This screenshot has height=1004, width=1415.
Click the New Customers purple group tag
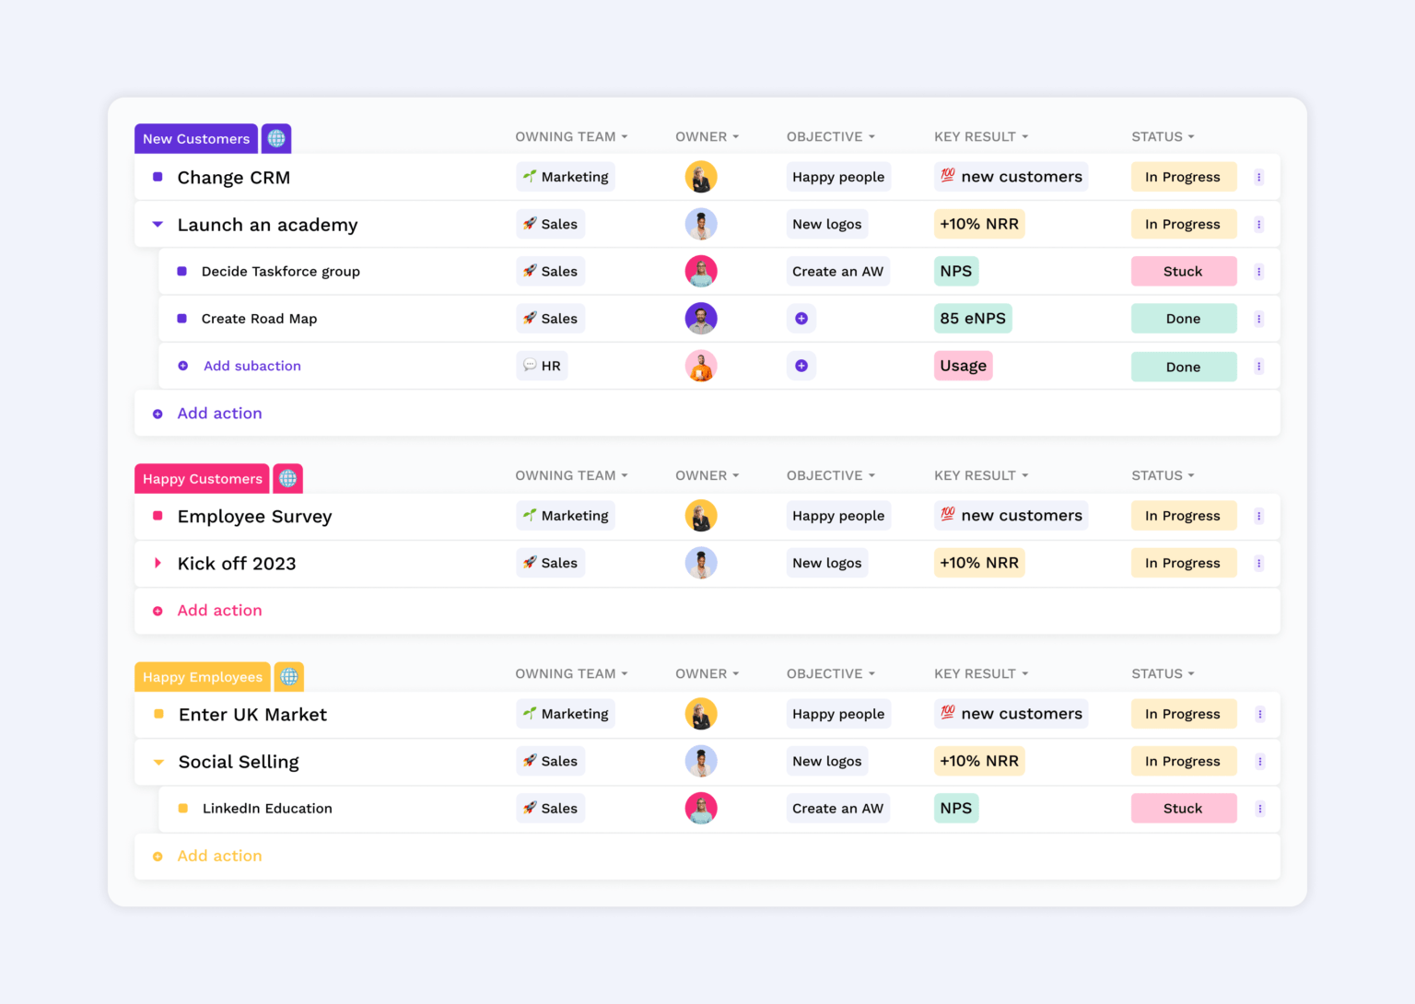(196, 139)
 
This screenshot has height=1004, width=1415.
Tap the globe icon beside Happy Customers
(288, 479)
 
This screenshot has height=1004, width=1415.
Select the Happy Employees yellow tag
(203, 677)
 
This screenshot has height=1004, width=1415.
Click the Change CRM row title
(233, 178)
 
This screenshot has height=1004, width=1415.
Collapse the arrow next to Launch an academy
(158, 225)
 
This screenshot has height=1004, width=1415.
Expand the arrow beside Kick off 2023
(158, 563)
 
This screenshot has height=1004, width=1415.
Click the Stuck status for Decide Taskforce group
(1183, 272)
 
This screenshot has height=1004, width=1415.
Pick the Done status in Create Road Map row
(1183, 319)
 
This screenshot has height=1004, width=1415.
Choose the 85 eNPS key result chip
(973, 319)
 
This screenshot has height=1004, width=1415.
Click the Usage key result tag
(963, 366)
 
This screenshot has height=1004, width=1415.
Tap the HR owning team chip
(542, 366)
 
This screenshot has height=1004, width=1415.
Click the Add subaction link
(251, 366)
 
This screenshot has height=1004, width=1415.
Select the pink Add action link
(219, 611)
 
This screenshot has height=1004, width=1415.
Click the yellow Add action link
(219, 856)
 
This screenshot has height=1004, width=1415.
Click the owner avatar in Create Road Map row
(701, 319)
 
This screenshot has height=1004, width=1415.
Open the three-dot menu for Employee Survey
(1258, 516)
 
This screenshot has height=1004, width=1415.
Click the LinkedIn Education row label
(267, 809)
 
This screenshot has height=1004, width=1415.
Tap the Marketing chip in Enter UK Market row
(566, 714)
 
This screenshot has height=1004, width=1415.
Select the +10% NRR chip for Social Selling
(978, 762)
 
